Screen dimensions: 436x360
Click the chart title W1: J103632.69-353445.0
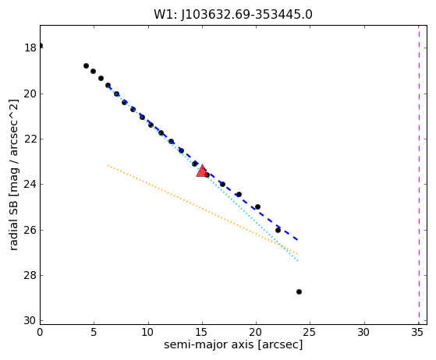click(233, 15)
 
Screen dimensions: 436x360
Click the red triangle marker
click(202, 171)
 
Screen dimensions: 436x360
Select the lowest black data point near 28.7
click(299, 291)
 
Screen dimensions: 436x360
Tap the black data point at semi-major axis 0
click(41, 45)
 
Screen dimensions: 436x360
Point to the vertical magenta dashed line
click(419, 175)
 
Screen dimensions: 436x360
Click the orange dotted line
click(203, 209)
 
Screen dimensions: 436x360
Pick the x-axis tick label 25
click(310, 332)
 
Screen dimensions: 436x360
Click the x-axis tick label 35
click(417, 332)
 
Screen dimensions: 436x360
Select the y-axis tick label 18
click(30, 48)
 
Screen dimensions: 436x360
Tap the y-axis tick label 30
click(30, 320)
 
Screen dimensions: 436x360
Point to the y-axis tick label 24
click(30, 184)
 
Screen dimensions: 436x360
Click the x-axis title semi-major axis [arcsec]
click(233, 344)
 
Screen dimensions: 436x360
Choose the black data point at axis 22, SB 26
click(278, 230)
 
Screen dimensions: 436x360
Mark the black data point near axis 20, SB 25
click(257, 206)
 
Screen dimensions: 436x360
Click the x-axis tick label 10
click(147, 332)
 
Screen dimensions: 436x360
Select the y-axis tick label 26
click(30, 230)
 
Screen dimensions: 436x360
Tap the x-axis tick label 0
click(40, 332)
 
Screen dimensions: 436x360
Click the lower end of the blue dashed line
click(297, 239)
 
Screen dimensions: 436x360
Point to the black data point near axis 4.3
click(87, 65)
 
